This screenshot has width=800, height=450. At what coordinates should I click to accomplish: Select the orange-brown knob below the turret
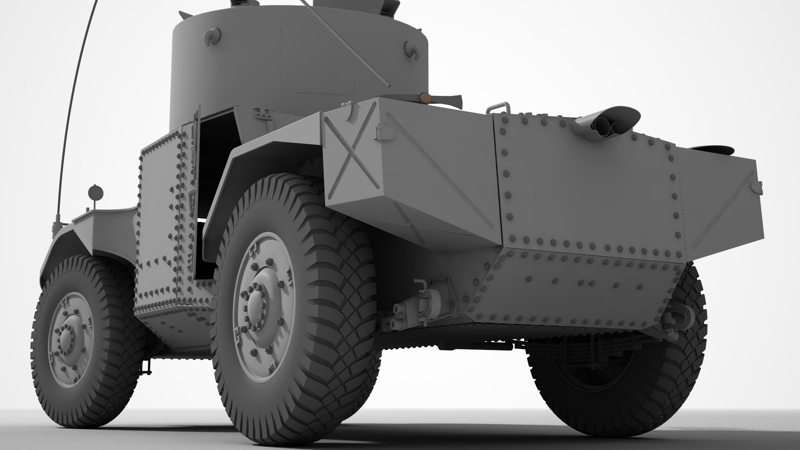click(426, 98)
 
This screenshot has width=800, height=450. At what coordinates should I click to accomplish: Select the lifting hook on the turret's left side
click(212, 35)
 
